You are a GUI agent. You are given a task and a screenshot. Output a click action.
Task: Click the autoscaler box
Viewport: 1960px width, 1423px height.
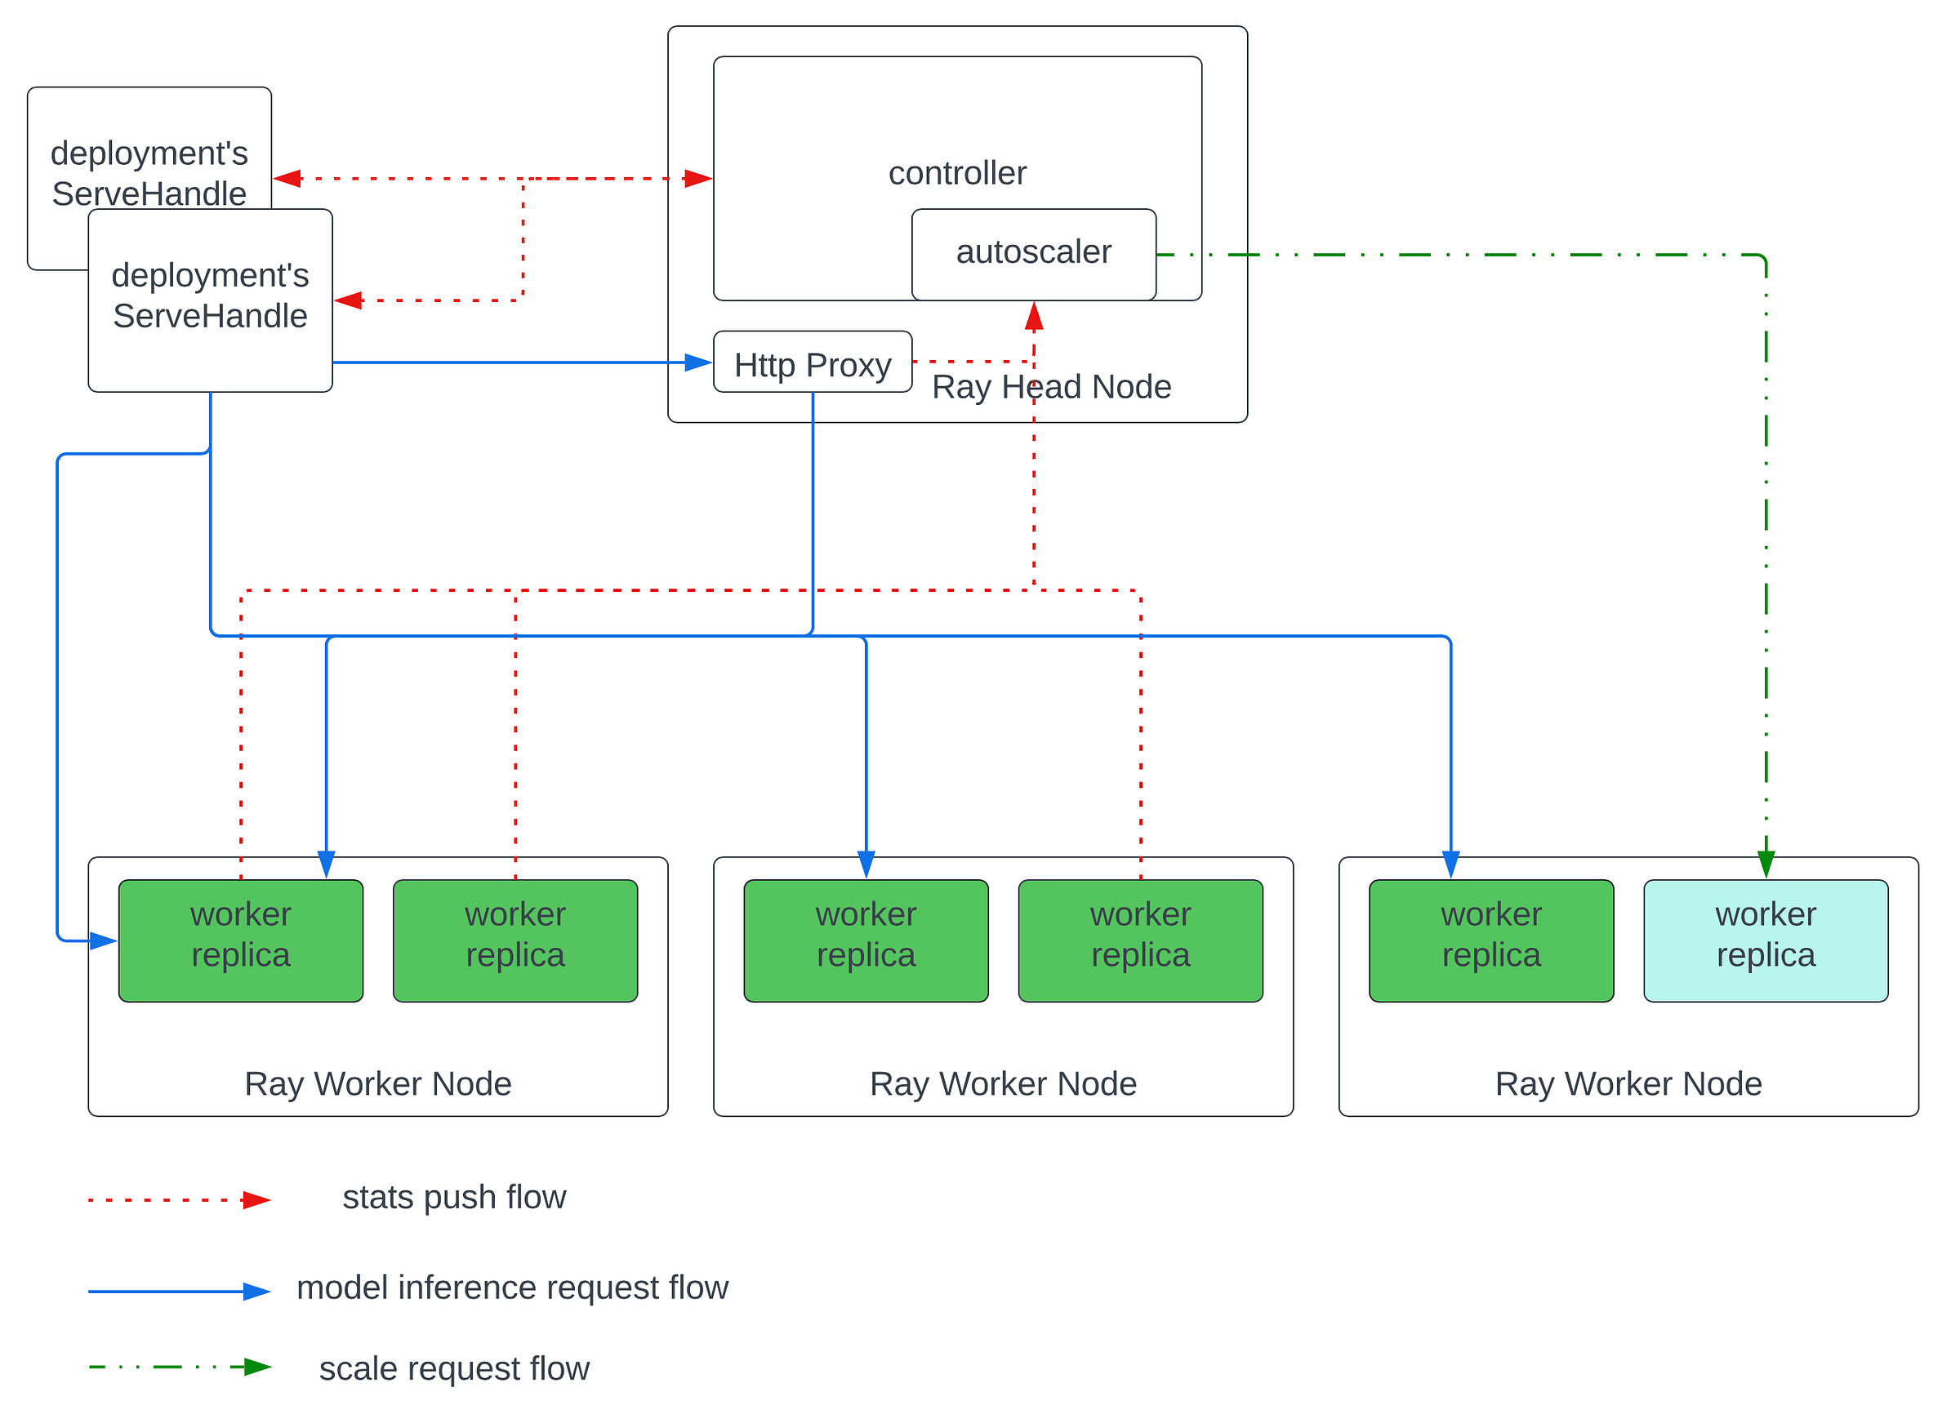point(1034,255)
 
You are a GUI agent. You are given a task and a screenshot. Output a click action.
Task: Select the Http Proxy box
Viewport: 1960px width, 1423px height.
point(813,361)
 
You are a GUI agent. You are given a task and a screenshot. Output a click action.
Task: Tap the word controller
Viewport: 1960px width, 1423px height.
point(957,173)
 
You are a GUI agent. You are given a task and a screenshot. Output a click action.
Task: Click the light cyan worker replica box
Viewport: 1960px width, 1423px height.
point(1766,941)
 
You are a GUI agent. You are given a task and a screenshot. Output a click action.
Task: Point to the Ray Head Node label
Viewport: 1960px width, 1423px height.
point(1052,386)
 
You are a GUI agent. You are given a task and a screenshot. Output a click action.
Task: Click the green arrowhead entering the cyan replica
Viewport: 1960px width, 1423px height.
point(1766,865)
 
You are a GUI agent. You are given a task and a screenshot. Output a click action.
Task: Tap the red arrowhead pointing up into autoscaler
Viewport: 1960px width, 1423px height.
point(1034,315)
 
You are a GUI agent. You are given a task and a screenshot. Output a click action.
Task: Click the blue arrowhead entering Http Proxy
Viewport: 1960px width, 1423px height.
point(698,362)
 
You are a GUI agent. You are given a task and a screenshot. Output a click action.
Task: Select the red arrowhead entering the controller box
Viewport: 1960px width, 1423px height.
point(698,179)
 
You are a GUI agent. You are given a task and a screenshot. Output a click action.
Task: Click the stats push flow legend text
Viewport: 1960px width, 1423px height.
point(454,1197)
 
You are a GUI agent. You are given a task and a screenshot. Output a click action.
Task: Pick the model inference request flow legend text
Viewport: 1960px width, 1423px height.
point(513,1287)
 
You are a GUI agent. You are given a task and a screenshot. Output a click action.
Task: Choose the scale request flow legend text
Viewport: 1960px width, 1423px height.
point(454,1368)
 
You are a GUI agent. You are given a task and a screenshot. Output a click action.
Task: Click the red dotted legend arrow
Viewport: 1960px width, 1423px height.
point(180,1200)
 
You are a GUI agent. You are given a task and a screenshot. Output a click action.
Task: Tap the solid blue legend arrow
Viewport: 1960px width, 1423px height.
point(180,1292)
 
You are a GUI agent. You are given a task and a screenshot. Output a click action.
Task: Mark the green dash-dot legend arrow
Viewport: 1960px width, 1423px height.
point(180,1367)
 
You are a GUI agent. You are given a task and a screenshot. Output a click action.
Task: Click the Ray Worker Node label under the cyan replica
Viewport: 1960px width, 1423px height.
point(1628,1083)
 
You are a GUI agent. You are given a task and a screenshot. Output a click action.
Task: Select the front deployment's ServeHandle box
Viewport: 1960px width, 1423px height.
point(210,300)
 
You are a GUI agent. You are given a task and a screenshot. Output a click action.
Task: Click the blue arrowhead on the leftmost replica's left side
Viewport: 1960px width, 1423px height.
point(104,941)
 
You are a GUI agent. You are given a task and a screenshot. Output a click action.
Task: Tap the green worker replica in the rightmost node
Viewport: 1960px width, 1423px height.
point(1490,941)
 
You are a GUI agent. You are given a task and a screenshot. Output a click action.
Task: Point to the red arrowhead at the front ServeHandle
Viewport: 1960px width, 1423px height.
point(348,300)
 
